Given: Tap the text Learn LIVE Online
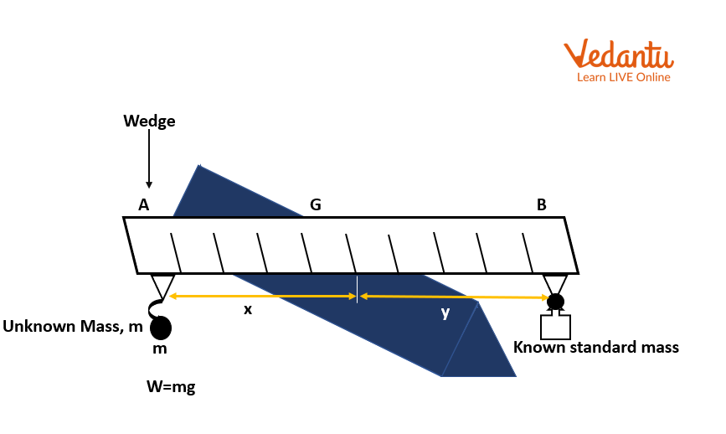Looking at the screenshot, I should click(623, 77).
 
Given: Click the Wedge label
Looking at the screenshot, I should click(149, 121).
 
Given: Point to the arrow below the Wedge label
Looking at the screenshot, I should click(149, 159).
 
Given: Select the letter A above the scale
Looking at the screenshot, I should click(144, 204).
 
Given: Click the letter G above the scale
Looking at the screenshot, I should click(316, 204).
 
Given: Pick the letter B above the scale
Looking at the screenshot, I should click(541, 204).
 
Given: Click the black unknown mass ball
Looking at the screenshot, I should click(160, 327).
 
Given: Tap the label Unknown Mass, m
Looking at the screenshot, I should click(73, 327).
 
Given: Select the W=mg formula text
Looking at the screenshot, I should click(171, 387).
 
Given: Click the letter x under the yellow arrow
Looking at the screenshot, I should click(247, 309).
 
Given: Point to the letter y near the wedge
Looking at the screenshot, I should click(445, 313).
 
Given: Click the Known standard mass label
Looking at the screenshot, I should click(595, 347).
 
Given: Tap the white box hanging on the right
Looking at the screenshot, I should click(555, 326).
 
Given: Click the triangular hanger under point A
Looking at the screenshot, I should click(162, 283).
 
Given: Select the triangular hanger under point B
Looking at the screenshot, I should click(554, 282).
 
